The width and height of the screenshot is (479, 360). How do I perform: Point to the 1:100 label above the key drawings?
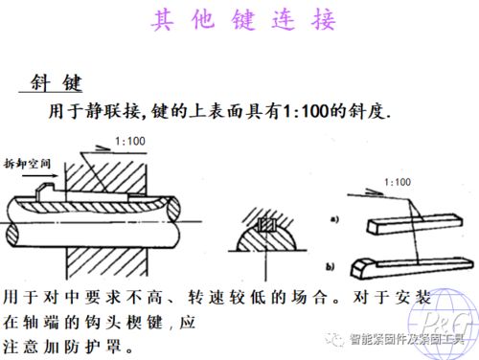[395, 179]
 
